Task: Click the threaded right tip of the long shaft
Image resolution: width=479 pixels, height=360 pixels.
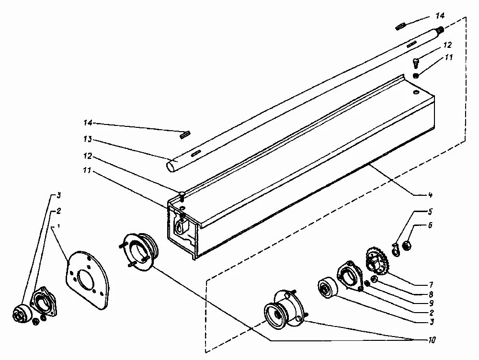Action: tap(440, 30)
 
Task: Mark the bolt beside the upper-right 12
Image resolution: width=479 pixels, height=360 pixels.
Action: tap(416, 62)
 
